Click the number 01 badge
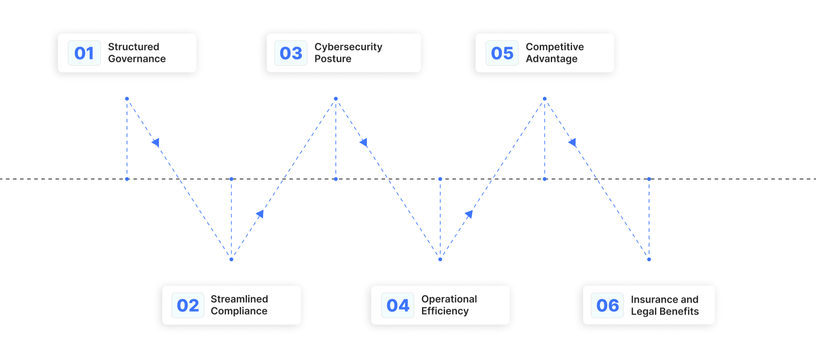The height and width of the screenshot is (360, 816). (x=84, y=53)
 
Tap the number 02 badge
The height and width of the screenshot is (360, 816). (x=187, y=305)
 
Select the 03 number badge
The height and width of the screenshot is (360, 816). (x=291, y=53)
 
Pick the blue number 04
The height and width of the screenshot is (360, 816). (x=397, y=305)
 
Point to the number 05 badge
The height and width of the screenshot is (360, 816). (x=502, y=53)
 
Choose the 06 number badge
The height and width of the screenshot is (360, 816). (x=607, y=305)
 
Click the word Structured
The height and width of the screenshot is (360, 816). (x=133, y=47)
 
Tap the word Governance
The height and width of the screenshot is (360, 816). (x=137, y=59)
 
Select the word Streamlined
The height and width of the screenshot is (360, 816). (x=239, y=299)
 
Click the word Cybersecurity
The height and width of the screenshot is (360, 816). (x=348, y=47)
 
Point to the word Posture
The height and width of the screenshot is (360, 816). (x=333, y=59)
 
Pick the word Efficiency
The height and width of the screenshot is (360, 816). (x=445, y=311)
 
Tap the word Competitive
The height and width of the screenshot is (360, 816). (x=555, y=47)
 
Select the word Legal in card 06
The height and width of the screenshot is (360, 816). (x=643, y=312)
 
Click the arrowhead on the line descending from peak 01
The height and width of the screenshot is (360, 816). (x=156, y=142)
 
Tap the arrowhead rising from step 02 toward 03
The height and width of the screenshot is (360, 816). (x=260, y=214)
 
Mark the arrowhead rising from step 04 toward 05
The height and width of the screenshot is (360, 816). (x=469, y=214)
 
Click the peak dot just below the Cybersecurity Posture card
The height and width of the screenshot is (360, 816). (x=336, y=99)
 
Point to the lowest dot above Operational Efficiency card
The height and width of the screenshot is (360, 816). (x=440, y=259)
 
